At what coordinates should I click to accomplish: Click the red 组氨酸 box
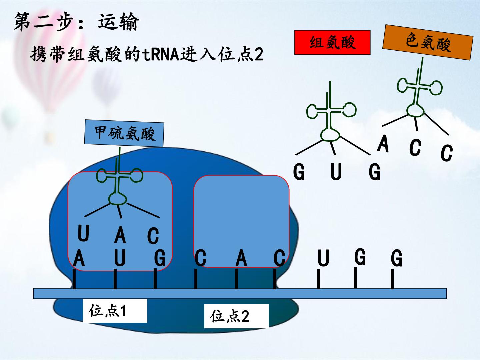tap(332, 42)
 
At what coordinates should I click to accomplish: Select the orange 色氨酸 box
tap(428, 42)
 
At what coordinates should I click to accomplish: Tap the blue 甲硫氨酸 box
tap(124, 133)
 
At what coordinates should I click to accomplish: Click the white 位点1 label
tap(115, 311)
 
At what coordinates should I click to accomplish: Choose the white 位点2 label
tap(236, 316)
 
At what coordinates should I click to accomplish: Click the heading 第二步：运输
tap(76, 22)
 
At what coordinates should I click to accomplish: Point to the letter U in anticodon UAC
tap(83, 233)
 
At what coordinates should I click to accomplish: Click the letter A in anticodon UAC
tap(120, 235)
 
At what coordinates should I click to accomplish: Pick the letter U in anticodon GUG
tap(336, 172)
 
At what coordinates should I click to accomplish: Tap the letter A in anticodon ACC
tap(383, 143)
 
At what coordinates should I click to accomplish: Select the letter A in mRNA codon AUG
tap(79, 258)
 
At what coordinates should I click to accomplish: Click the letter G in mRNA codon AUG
tap(160, 258)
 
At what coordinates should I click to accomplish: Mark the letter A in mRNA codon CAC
tap(241, 258)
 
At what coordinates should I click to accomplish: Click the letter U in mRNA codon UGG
tap(323, 258)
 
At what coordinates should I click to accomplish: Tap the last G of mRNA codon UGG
tap(396, 258)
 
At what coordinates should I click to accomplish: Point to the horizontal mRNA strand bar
tap(240, 293)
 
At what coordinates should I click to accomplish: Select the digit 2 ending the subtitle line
tap(259, 55)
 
